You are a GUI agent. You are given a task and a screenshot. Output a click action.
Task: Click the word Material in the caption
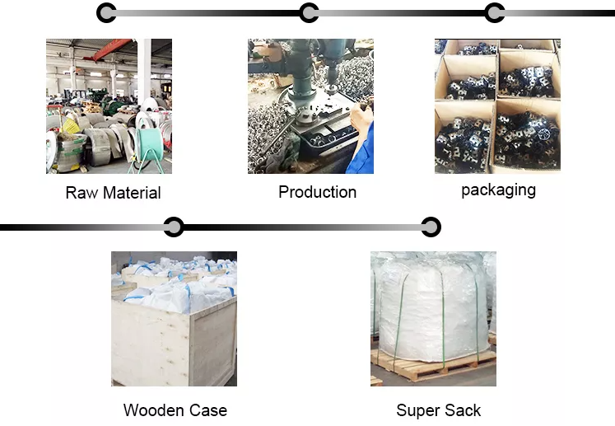132,193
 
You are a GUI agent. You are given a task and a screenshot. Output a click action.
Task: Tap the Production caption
317,192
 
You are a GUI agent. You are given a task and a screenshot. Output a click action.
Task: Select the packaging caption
499,190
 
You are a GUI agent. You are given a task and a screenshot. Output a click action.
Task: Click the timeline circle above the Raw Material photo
106,13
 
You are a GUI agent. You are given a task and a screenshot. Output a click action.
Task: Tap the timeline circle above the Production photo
309,13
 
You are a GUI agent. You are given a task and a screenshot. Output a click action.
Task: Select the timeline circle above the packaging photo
495,13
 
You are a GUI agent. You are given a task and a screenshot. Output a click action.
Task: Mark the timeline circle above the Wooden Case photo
174,227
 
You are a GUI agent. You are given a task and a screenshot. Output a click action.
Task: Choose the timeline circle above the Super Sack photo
431,227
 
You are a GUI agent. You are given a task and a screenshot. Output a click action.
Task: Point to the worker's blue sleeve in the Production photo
361,151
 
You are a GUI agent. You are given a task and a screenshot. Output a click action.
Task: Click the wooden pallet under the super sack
433,365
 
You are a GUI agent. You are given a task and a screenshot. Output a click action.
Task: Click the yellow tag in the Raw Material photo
71,126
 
